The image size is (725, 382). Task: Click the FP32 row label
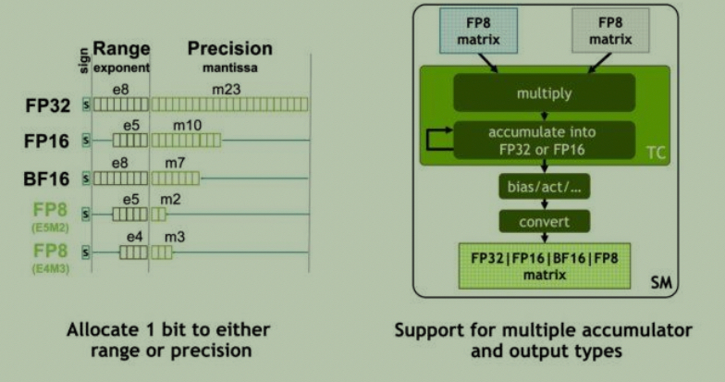48,105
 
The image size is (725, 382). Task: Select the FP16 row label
46,141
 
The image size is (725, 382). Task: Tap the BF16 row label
46,179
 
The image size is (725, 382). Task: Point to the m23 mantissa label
226,89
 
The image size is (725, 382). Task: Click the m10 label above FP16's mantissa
187,126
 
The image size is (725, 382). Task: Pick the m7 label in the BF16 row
175,163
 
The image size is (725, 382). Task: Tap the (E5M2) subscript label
50,228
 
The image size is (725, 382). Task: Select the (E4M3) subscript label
50,268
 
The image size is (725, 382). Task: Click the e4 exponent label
135,237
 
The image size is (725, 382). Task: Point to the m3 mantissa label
174,237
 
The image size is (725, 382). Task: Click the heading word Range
122,48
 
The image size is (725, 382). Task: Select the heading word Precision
229,48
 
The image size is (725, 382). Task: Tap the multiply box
544,92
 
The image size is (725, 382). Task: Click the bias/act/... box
544,187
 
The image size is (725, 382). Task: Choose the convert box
544,222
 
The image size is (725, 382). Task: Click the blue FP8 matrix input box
478,31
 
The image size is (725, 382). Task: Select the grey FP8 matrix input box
610,31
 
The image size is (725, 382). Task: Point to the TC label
657,152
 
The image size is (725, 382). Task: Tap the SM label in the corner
661,282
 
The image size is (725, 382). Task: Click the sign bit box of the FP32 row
86,105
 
